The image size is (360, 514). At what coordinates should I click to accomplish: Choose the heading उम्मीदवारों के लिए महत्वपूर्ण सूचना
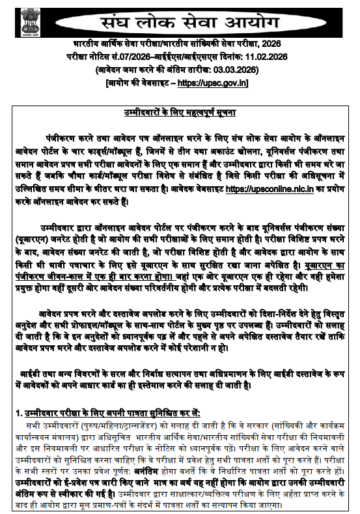(x=180, y=113)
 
